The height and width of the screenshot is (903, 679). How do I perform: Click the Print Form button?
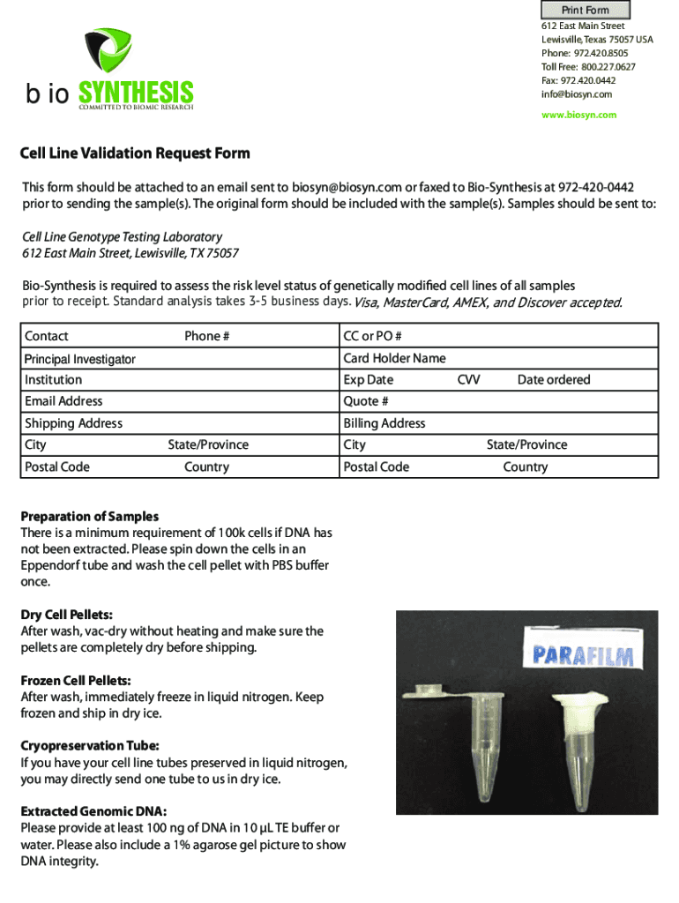click(x=586, y=11)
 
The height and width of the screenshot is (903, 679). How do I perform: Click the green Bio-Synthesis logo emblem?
click(x=108, y=51)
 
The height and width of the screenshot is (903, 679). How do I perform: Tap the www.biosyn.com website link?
click(x=578, y=115)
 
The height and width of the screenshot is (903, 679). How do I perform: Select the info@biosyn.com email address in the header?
click(x=576, y=94)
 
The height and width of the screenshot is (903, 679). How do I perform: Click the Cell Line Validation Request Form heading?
click(x=135, y=153)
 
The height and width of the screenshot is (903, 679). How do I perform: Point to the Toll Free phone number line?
click(x=588, y=67)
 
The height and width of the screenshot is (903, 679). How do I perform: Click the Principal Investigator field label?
click(x=80, y=359)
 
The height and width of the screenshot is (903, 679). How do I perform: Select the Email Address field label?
click(x=63, y=401)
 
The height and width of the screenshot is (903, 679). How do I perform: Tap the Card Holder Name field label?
click(x=394, y=358)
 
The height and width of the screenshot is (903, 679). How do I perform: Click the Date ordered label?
click(x=554, y=380)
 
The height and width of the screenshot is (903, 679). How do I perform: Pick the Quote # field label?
click(x=366, y=401)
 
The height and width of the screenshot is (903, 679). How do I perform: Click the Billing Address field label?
click(x=384, y=423)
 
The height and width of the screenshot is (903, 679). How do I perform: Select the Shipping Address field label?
click(x=74, y=423)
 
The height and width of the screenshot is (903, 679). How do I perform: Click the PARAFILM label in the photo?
click(x=588, y=654)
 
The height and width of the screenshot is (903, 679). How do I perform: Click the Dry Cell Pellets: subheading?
click(x=67, y=615)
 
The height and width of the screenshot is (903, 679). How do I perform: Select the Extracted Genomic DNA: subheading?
click(x=94, y=811)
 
